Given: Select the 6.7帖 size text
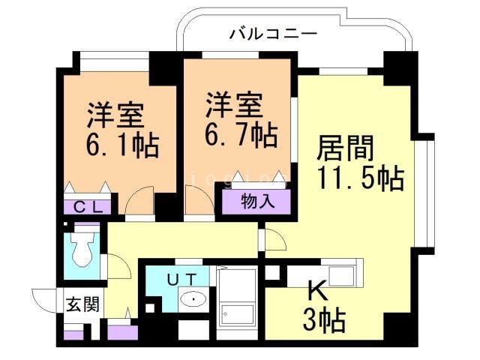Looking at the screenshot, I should [241, 136].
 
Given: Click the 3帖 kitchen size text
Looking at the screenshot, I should [323, 320].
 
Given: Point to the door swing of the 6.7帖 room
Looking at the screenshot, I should [196, 202].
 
